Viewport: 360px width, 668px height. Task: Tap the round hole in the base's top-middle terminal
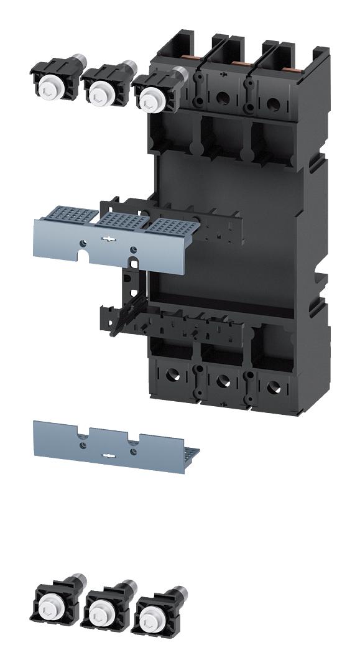pyautogui.click(x=222, y=97)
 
